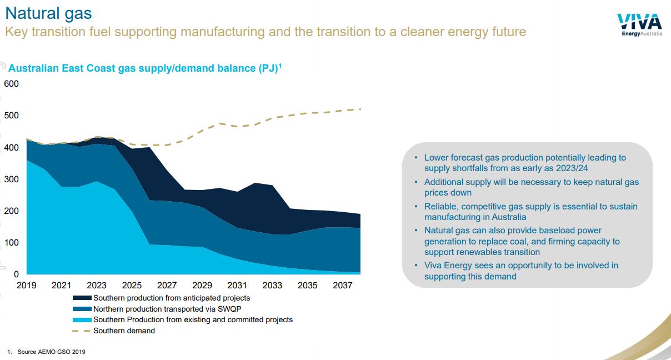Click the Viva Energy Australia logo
click(639, 25)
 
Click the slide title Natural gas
click(48, 13)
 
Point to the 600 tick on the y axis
click(11, 84)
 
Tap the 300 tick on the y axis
click(11, 179)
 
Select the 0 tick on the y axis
click(16, 274)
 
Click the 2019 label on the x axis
click(26, 286)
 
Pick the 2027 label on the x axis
click(167, 286)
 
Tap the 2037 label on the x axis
click(343, 286)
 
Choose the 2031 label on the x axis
click(237, 286)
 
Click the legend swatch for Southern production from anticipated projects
click(82, 298)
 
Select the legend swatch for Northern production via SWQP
click(82, 309)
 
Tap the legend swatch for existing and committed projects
click(82, 320)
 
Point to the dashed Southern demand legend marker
click(82, 331)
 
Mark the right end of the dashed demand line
click(361, 109)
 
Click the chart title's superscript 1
click(280, 66)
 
